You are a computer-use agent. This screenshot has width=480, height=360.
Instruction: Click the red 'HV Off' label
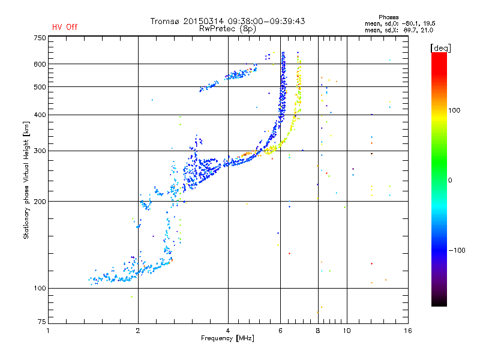64,27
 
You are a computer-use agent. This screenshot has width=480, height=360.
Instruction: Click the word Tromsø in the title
166,21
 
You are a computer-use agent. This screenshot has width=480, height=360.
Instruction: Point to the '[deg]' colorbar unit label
441,47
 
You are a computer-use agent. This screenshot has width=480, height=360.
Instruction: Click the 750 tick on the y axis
40,37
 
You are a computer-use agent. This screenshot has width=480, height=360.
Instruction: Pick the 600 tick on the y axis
40,64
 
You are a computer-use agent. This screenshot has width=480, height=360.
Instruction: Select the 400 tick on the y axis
40,115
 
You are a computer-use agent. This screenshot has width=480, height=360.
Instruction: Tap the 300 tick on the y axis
40,151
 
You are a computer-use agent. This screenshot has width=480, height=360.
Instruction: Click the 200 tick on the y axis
40,202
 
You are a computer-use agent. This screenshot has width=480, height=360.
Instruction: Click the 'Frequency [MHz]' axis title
228,339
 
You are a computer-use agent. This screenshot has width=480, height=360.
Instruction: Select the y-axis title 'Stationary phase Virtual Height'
26,180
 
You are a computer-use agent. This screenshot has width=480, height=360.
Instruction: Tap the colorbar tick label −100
458,250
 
